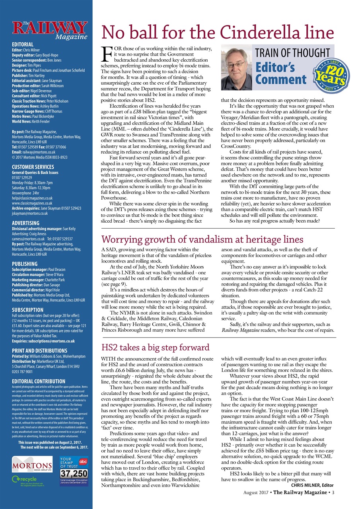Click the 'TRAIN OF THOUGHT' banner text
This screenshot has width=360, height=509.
click(x=293, y=52)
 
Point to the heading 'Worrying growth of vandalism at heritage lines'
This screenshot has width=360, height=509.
click(x=202, y=239)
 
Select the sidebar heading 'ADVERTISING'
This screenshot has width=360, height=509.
click(x=25, y=223)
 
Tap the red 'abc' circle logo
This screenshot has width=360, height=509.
click(x=83, y=462)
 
